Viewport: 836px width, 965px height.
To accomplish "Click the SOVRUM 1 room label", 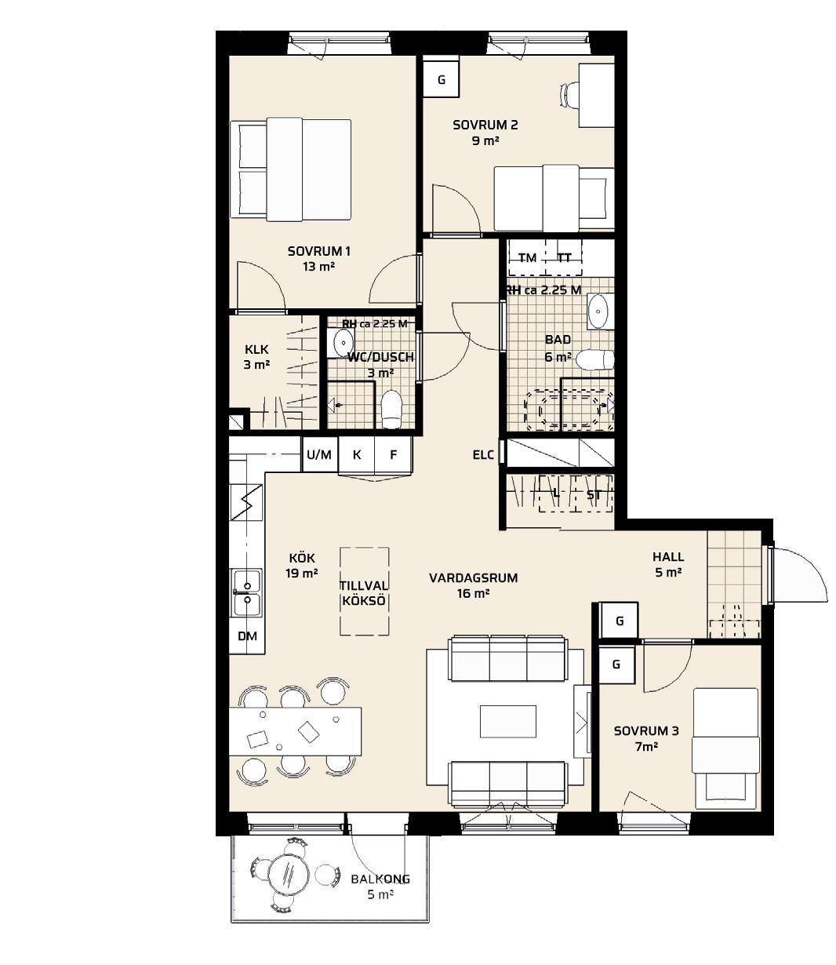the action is tap(319, 251).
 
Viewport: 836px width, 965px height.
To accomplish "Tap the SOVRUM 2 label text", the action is tap(485, 125).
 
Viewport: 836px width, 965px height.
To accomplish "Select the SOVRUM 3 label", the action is tap(646, 730).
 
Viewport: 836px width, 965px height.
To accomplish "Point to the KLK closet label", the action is tap(256, 349).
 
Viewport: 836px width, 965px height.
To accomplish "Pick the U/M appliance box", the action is tap(319, 454).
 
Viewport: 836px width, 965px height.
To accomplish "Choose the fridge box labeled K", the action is tap(357, 454).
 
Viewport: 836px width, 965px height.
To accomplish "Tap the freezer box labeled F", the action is tap(394, 454).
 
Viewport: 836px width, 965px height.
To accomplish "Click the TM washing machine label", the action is tap(528, 257).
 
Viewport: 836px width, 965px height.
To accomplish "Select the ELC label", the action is tap(483, 455).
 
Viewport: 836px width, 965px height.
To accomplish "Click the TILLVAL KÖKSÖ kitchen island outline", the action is tap(364, 591).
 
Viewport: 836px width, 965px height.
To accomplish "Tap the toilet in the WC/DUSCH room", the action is tap(391, 409).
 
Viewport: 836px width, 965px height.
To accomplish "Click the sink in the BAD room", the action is tap(599, 311).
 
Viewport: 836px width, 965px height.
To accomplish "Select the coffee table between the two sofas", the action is tap(508, 721).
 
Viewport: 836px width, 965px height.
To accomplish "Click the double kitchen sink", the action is tap(245, 592).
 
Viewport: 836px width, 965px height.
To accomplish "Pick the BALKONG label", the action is tap(380, 879).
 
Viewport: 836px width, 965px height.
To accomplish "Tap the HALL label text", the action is tap(668, 556).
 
